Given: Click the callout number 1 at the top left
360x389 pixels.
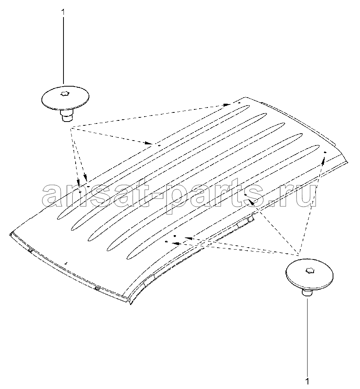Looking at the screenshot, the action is [x=63, y=12].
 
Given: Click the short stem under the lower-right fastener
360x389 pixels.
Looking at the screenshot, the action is [x=307, y=293].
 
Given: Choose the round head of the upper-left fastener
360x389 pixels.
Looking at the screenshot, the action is [x=65, y=98].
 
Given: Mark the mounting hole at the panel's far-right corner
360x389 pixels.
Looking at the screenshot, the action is [x=325, y=152].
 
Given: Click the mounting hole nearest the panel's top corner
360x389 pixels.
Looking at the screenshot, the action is [x=239, y=103].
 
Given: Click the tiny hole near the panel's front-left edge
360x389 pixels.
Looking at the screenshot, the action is [x=65, y=264].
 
